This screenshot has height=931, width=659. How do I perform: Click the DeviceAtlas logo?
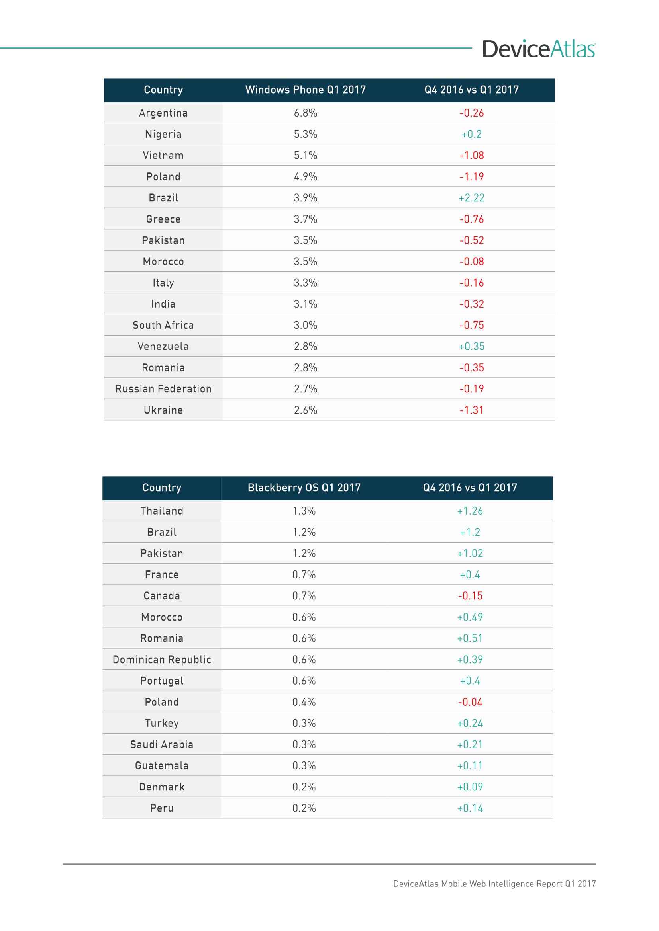[x=539, y=49]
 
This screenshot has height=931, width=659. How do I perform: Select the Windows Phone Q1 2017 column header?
[x=305, y=90]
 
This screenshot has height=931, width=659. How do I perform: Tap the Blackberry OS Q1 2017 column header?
[x=304, y=488]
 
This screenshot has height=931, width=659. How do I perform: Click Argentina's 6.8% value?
[x=305, y=113]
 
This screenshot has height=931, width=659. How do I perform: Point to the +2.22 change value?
[x=471, y=198]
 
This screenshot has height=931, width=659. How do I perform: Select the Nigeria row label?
[x=163, y=134]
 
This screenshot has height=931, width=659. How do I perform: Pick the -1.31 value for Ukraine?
[x=471, y=410]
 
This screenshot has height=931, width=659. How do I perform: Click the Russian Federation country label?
[x=163, y=389]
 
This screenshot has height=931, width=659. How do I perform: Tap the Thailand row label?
[x=161, y=511]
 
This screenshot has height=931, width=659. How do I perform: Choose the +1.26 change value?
[x=470, y=511]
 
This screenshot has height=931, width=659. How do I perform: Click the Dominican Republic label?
[x=161, y=659]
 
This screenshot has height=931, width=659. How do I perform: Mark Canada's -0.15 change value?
[x=470, y=596]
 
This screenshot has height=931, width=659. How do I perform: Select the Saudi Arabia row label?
[x=161, y=744]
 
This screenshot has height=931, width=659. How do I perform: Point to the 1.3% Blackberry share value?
[x=304, y=511]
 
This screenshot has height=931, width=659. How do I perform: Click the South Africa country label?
[x=163, y=325]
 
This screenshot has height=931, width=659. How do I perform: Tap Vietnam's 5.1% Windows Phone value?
[x=305, y=155]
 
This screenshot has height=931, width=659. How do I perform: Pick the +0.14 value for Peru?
[x=470, y=808]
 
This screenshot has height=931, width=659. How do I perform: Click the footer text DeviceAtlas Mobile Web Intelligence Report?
[x=494, y=884]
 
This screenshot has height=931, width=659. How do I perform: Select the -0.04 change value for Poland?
[x=470, y=702]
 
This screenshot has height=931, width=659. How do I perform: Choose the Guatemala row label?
[x=161, y=765]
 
